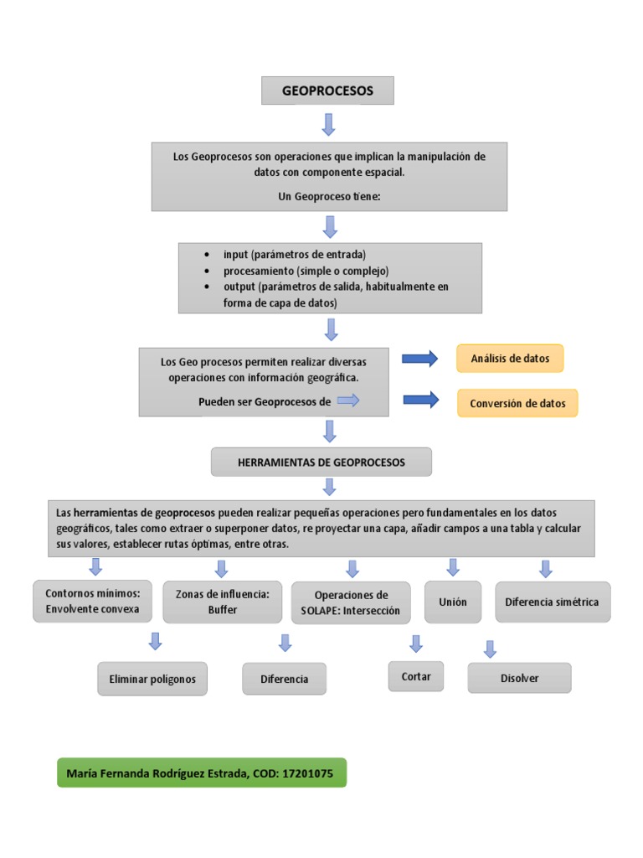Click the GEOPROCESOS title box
[x=327, y=90]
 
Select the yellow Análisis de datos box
[x=510, y=358]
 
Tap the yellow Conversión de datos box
[x=517, y=403]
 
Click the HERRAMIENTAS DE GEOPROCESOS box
[x=321, y=462]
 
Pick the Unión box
[x=453, y=602]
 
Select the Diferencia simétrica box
[x=553, y=602]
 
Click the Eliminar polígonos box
[x=152, y=679]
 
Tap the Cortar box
[x=416, y=676]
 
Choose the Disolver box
[x=519, y=678]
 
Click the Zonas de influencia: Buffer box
[x=222, y=602]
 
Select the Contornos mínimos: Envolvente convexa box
[x=93, y=601]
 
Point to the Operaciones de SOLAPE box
[x=351, y=602]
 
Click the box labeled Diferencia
[x=284, y=679]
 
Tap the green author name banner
[x=201, y=773]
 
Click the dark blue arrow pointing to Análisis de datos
[x=420, y=359]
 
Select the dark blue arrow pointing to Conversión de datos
[x=420, y=401]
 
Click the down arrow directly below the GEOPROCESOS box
[x=328, y=124]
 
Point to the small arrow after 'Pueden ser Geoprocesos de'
[x=347, y=401]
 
